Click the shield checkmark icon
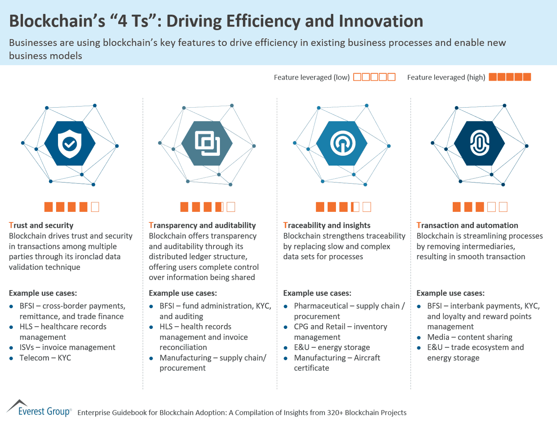[x=70, y=144]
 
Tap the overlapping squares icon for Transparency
[x=207, y=144]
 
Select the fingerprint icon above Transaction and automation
[x=480, y=144]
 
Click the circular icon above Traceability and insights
[x=342, y=144]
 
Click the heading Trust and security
[x=41, y=225]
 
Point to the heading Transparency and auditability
[x=202, y=225]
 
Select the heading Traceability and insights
[x=326, y=225]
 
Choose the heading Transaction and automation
[x=467, y=225]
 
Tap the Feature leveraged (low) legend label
[x=312, y=78]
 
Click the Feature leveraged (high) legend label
[x=446, y=78]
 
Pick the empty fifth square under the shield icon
[x=95, y=207]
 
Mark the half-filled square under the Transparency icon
[x=219, y=207]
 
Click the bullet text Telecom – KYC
[x=45, y=358]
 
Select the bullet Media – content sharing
[x=469, y=337]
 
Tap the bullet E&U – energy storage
[x=332, y=347]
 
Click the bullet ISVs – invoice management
[x=67, y=347]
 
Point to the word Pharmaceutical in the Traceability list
[x=321, y=306]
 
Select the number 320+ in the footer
[x=335, y=413]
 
